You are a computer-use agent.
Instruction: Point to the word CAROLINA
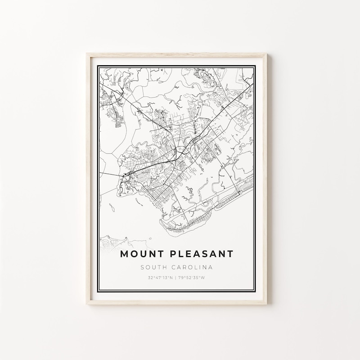click(195, 267)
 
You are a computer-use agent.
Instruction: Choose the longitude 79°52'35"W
click(192, 278)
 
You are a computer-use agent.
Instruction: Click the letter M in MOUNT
click(124, 254)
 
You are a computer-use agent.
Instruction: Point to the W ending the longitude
click(203, 278)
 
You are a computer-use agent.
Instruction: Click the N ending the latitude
click(172, 278)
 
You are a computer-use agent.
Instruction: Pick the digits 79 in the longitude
click(182, 278)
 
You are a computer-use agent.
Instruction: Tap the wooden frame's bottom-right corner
click(274, 305)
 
